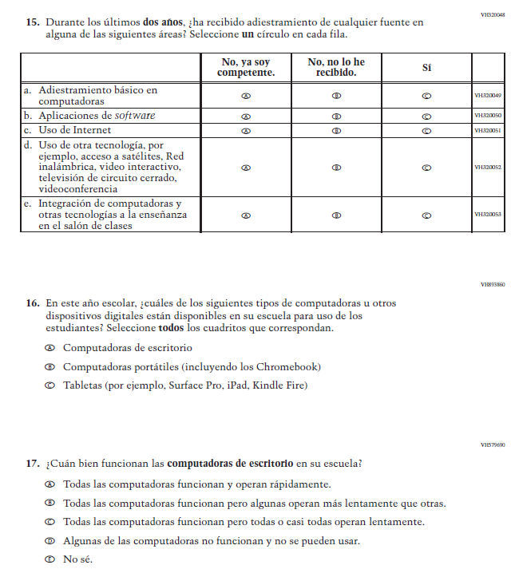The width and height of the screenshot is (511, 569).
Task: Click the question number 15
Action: (x=33, y=22)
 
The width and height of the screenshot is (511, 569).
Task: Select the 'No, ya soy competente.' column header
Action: (x=246, y=68)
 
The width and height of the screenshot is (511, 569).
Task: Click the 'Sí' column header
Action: (x=426, y=68)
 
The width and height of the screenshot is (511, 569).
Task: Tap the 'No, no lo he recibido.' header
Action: (x=336, y=68)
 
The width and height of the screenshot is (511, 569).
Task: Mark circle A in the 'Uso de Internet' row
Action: (x=246, y=130)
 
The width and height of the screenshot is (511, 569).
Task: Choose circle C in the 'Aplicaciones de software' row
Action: (x=426, y=116)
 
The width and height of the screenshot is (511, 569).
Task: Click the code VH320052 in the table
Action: (x=488, y=168)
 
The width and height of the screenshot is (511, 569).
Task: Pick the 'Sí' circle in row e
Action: (x=426, y=215)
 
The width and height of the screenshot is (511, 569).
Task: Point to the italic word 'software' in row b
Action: (x=133, y=116)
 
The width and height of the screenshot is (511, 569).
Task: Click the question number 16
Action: (x=33, y=303)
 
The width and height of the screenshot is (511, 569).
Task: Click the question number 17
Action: (x=33, y=463)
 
